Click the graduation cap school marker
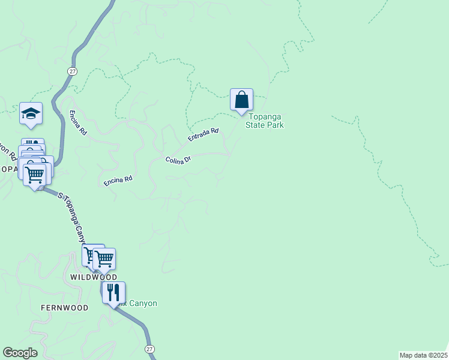click(x=31, y=113)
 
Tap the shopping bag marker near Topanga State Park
click(x=241, y=100)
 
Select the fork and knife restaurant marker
click(x=113, y=292)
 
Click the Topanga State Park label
click(x=264, y=121)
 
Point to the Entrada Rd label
click(x=203, y=134)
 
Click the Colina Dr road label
click(x=178, y=160)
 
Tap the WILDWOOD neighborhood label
click(x=94, y=278)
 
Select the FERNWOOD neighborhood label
click(x=64, y=308)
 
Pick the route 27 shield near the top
click(x=73, y=71)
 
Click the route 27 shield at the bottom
click(x=149, y=349)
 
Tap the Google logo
click(x=20, y=353)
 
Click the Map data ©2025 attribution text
click(x=423, y=355)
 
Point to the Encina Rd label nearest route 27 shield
click(x=78, y=116)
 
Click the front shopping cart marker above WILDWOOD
click(x=104, y=259)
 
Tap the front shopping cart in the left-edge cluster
click(x=34, y=175)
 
